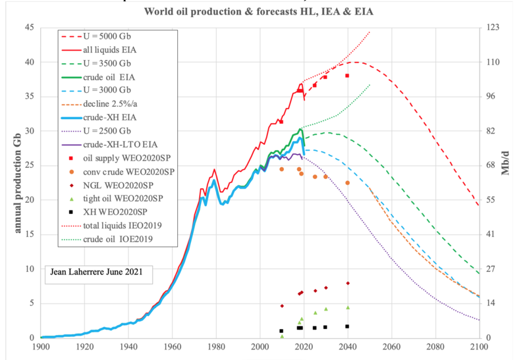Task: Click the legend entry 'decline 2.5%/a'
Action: coord(113,104)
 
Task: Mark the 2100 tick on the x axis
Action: coord(478,347)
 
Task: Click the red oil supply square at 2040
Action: coord(347,76)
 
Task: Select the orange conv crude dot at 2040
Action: coord(347,183)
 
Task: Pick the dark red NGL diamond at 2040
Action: coord(347,283)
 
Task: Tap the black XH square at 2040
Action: coord(347,326)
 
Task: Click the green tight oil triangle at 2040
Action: coord(347,307)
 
